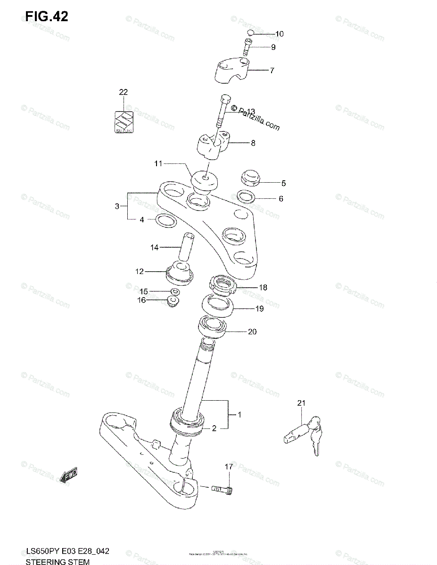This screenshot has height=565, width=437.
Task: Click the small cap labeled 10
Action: click(x=251, y=32)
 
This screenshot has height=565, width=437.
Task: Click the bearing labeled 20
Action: click(x=214, y=328)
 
